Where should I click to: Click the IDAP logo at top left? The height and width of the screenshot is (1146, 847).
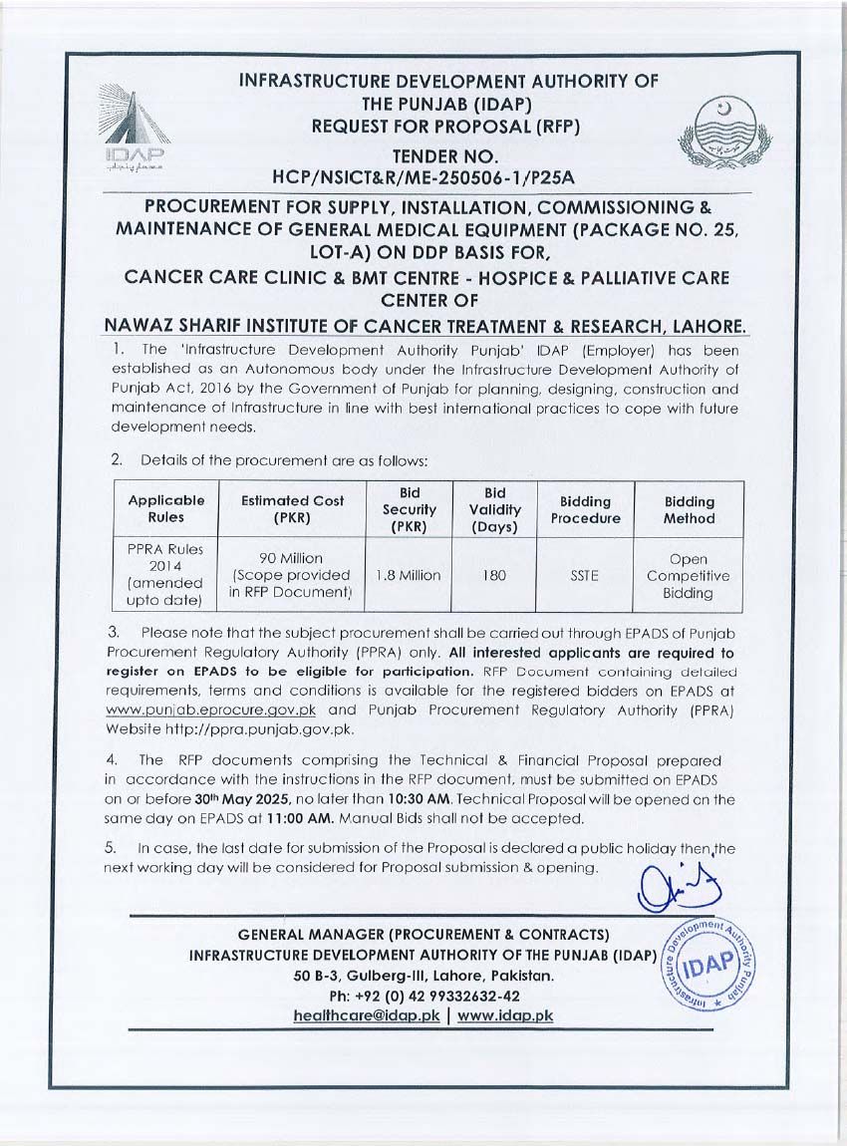coord(136,125)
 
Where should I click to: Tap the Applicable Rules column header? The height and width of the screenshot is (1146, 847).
coord(165,509)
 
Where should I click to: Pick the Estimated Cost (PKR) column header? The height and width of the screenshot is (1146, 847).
coord(292,509)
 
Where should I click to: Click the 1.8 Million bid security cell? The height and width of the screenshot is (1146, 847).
coord(409,575)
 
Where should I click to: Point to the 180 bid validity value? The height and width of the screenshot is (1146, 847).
coord(495,575)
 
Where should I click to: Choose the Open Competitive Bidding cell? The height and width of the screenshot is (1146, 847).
coord(688,576)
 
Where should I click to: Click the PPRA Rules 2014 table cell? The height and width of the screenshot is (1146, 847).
coord(165,575)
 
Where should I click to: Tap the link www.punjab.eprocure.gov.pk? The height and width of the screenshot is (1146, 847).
coord(212,711)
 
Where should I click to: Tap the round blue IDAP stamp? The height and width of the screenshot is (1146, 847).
coord(709,963)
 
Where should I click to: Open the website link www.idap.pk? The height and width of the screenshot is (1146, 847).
coord(505,1015)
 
